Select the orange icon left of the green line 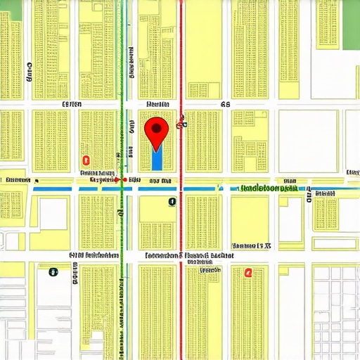(x=86, y=160)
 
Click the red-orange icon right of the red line (x=247, y=273)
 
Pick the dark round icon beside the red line (x=172, y=202)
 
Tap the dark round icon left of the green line (x=52, y=271)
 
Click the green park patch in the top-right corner (x=350, y=25)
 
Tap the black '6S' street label (x=225, y=104)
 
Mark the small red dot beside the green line (x=124, y=180)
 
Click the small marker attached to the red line (x=181, y=125)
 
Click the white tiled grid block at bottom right (x=335, y=309)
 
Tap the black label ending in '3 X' (x=252, y=246)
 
